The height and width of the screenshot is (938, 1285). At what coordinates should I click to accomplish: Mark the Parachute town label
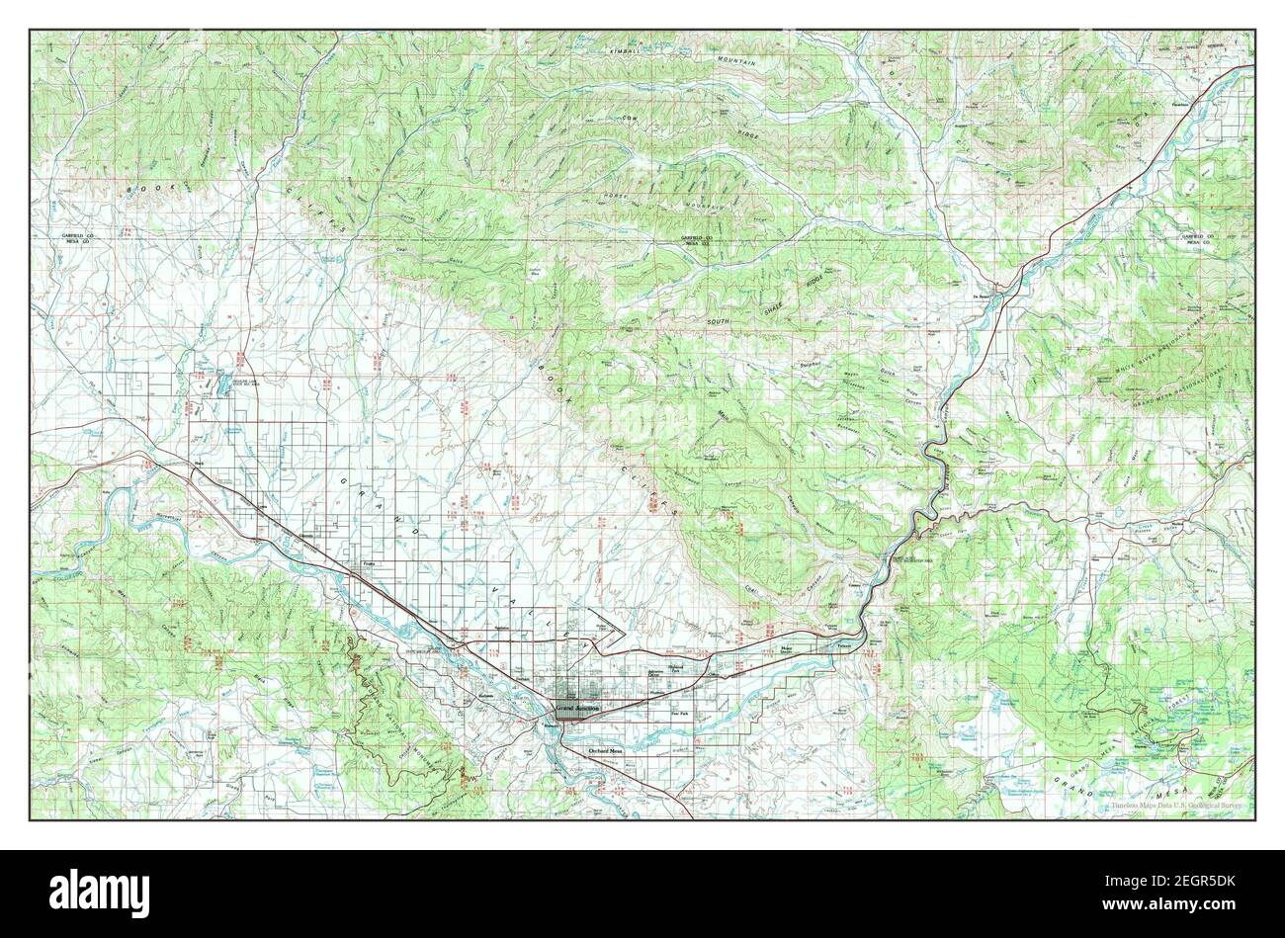tap(1150, 102)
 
